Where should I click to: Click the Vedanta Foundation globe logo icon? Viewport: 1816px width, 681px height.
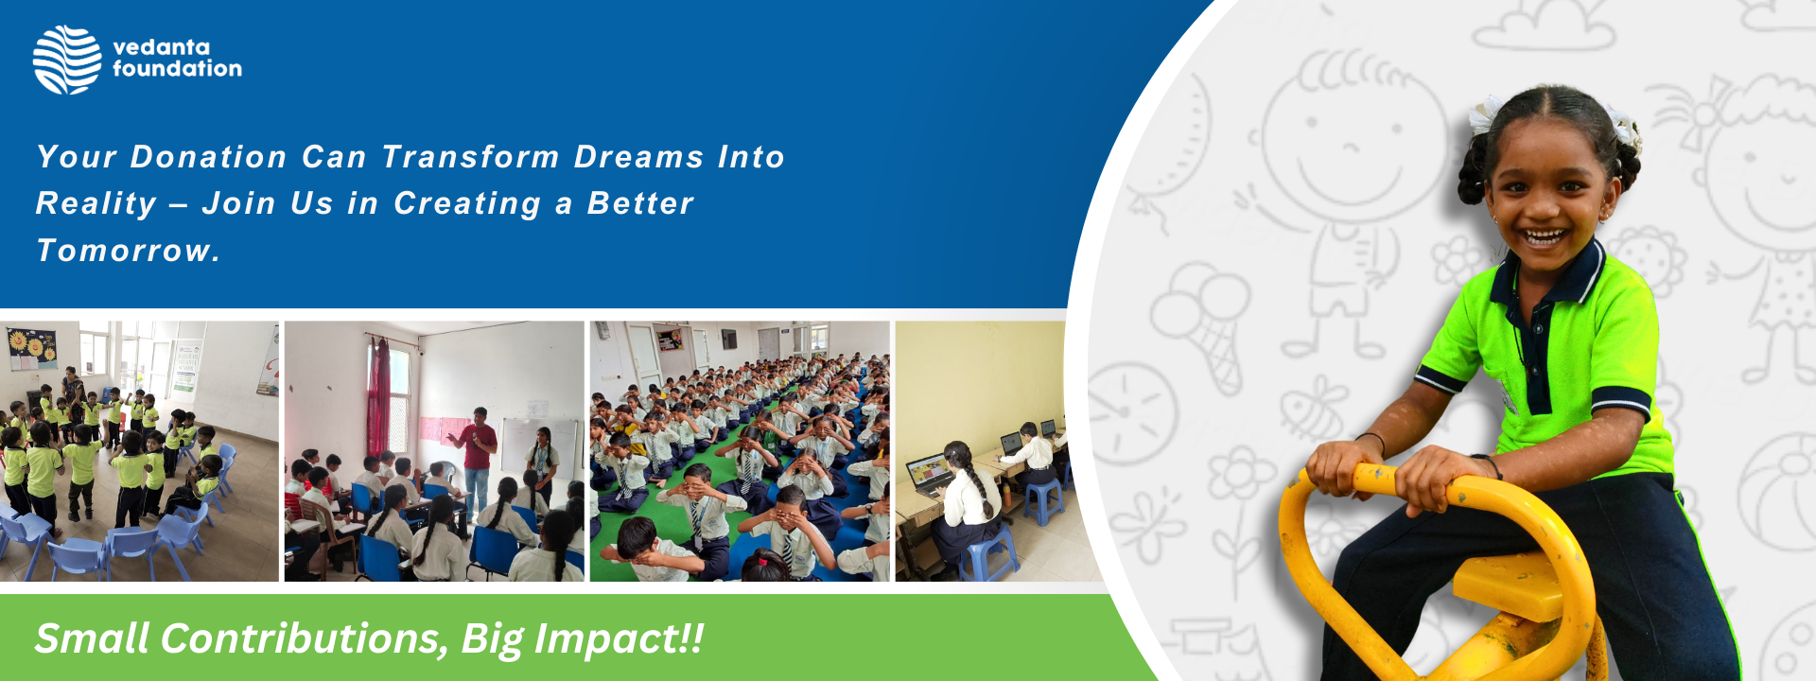[67, 60]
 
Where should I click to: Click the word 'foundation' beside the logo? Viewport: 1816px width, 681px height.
[177, 69]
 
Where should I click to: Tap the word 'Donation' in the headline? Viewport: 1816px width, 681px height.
[208, 157]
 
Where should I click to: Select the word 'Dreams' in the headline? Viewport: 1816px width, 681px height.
[639, 157]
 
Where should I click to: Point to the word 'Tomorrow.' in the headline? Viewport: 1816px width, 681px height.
[129, 251]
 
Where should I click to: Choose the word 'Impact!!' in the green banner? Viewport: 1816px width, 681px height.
[620, 639]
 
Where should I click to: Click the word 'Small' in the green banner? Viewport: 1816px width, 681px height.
[93, 638]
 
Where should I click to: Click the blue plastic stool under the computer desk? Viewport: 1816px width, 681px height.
[1043, 502]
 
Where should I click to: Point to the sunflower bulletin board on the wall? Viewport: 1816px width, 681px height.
[32, 348]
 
